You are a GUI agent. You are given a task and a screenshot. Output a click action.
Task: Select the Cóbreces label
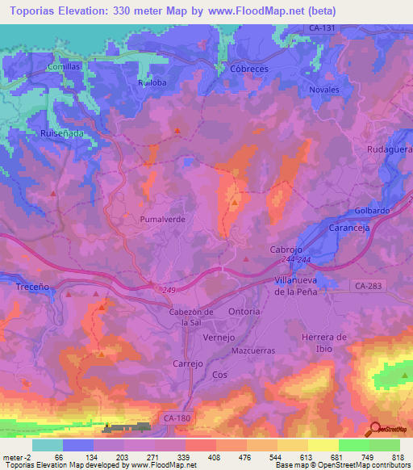click(x=248, y=69)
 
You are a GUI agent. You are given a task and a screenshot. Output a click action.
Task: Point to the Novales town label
click(x=324, y=90)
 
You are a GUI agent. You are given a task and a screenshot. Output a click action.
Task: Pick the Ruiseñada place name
click(x=61, y=133)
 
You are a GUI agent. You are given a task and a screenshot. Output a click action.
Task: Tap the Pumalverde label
click(x=164, y=219)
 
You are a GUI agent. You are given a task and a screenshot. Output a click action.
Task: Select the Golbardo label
click(x=373, y=211)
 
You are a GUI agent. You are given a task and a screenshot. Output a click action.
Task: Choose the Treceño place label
click(x=32, y=286)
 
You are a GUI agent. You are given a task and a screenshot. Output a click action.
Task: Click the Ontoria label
click(x=244, y=312)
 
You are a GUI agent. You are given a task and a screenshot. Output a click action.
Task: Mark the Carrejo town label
click(x=188, y=364)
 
